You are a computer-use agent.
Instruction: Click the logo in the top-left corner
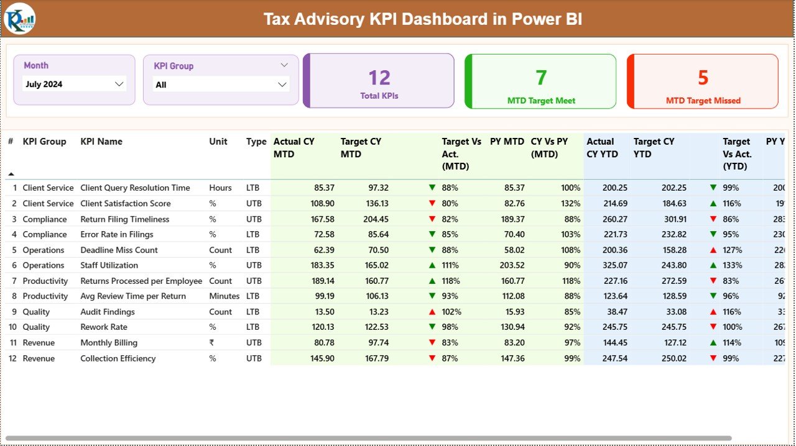click(19, 19)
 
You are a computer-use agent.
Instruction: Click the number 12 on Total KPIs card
click(379, 78)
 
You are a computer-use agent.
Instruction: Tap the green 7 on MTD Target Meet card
click(541, 78)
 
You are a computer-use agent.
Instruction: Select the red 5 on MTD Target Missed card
click(703, 78)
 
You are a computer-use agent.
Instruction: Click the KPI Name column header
click(101, 142)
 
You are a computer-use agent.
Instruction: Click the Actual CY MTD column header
click(294, 148)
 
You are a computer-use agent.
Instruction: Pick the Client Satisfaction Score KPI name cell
click(126, 203)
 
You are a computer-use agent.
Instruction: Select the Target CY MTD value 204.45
click(375, 219)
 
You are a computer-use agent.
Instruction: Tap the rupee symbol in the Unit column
click(212, 343)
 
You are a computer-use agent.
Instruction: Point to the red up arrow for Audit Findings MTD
click(432, 312)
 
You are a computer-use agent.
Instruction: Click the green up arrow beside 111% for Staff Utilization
click(432, 265)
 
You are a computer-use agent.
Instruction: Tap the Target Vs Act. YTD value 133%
click(733, 265)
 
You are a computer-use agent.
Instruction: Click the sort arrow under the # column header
click(11, 174)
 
